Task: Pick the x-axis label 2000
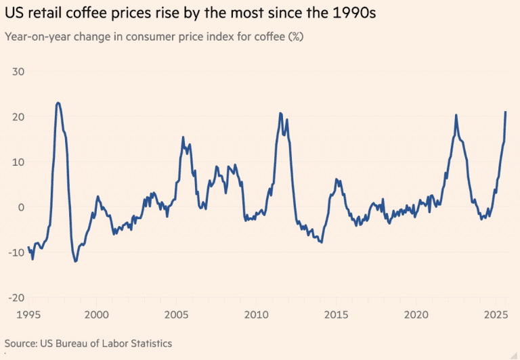pyautogui.click(x=96, y=315)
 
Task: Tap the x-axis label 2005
pyautogui.click(x=176, y=315)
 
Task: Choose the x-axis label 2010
pyautogui.click(x=256, y=315)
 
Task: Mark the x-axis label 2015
pyautogui.click(x=336, y=315)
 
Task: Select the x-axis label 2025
pyautogui.click(x=496, y=315)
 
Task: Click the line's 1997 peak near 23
pyautogui.click(x=58, y=103)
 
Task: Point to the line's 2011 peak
pyautogui.click(x=280, y=113)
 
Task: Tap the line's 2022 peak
pyautogui.click(x=456, y=115)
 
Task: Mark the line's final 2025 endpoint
pyautogui.click(x=505, y=112)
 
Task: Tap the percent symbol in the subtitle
pyautogui.click(x=295, y=36)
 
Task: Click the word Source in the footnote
pyautogui.click(x=21, y=344)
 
